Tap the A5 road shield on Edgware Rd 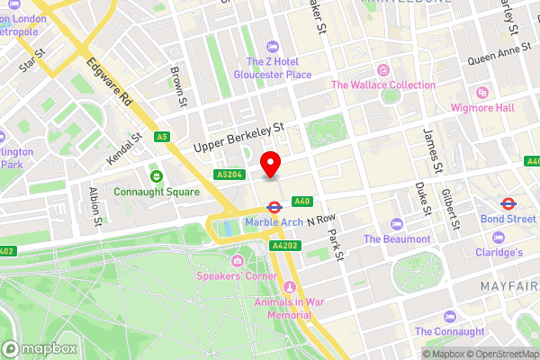point(162,137)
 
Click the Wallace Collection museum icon point(383,70)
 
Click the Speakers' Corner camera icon point(238,260)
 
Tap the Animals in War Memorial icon point(289,286)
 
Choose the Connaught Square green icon point(156,175)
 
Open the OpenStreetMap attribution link point(500,355)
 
